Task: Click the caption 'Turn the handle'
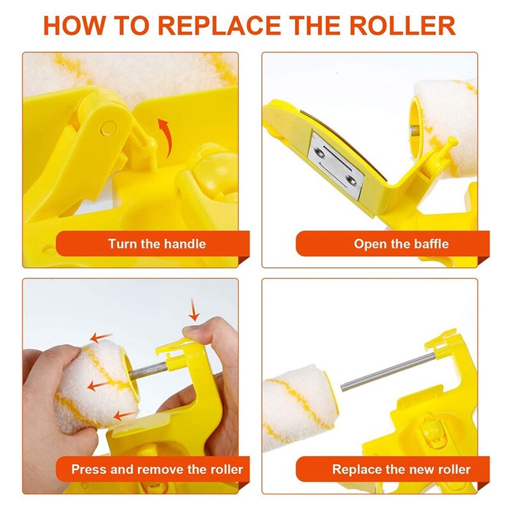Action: (156, 243)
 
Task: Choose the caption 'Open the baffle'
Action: (401, 243)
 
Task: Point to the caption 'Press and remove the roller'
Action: (157, 469)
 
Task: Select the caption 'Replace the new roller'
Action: (401, 469)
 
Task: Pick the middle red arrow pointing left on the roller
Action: (96, 385)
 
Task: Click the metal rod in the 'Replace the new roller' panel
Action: (383, 371)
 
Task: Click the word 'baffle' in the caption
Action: (430, 243)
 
